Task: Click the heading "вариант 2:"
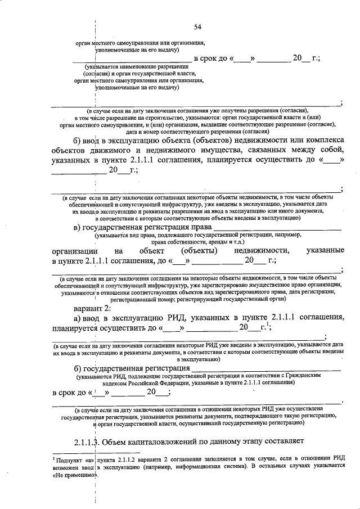click(x=92, y=308)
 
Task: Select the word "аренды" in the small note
click(x=204, y=241)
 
